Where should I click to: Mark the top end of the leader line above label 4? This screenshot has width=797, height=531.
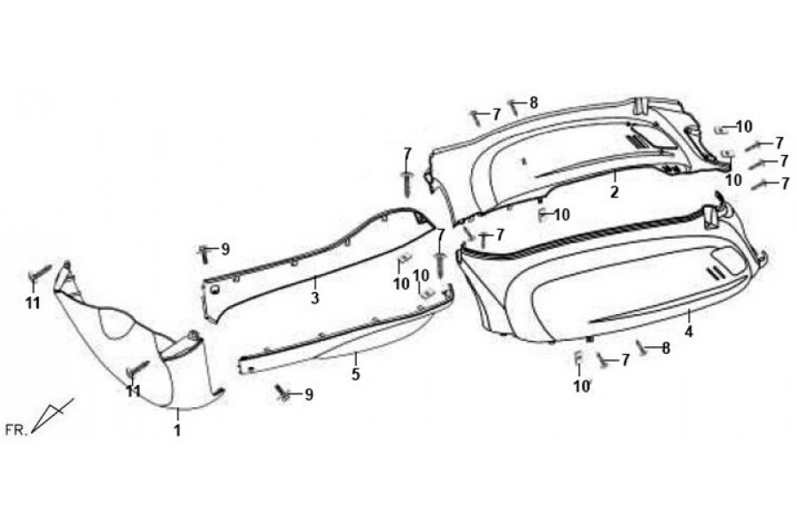coord(689,309)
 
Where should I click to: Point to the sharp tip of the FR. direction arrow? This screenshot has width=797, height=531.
coord(32,433)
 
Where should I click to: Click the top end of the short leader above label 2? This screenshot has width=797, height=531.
coord(614,172)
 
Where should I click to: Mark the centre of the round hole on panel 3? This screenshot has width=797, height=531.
coord(214,289)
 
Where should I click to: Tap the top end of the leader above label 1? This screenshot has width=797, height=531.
coord(177,408)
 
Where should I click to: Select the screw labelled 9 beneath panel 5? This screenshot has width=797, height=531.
coord(282,392)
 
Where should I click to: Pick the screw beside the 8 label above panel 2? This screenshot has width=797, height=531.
coord(515,106)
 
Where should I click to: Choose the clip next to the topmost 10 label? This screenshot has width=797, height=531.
coord(720,130)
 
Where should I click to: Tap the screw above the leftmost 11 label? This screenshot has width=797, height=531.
coord(40,273)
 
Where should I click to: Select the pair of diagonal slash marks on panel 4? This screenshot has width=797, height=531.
coord(717,271)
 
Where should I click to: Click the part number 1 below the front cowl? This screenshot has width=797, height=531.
coord(177,431)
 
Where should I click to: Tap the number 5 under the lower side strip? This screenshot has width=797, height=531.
coord(356,374)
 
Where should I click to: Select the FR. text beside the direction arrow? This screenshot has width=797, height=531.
coord(15,430)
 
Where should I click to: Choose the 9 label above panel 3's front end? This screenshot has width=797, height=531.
coord(225,250)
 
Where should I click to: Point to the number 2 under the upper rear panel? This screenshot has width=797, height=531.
coord(615,192)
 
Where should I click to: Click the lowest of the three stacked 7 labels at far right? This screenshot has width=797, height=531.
coord(785,182)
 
